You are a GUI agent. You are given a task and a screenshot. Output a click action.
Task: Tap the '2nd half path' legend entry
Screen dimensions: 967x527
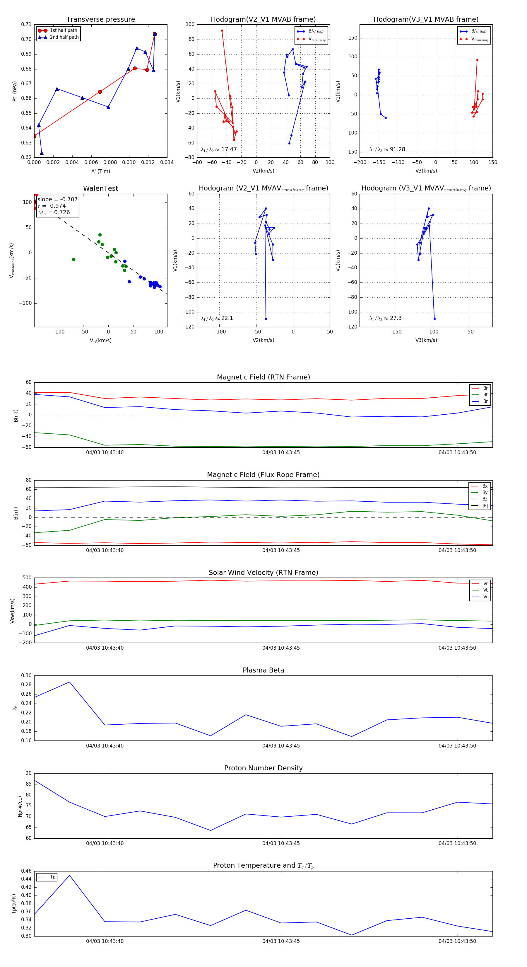coord(64,37)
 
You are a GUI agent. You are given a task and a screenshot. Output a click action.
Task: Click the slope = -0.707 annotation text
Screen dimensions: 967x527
coord(57,199)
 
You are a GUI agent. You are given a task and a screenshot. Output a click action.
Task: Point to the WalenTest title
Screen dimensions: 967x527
coord(100,188)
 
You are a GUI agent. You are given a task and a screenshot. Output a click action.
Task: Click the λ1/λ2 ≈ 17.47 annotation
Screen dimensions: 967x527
coord(219,149)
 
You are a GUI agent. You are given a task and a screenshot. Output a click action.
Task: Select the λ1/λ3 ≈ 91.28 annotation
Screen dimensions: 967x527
coord(387,149)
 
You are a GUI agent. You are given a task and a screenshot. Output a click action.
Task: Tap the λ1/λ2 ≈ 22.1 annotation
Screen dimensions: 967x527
coord(217,318)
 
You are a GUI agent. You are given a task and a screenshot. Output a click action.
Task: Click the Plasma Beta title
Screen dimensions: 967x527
coord(263,670)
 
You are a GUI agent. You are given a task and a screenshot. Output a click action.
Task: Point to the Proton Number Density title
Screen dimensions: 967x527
coord(263,768)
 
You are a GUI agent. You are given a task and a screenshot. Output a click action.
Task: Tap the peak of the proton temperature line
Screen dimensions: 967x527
coord(69,875)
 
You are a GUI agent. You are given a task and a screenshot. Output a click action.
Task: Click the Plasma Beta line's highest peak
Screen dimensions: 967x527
coord(69,682)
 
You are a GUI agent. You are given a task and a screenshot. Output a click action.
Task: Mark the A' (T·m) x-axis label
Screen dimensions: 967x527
coord(100,171)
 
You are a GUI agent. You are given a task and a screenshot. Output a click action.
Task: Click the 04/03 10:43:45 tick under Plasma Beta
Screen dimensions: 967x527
coord(281,746)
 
